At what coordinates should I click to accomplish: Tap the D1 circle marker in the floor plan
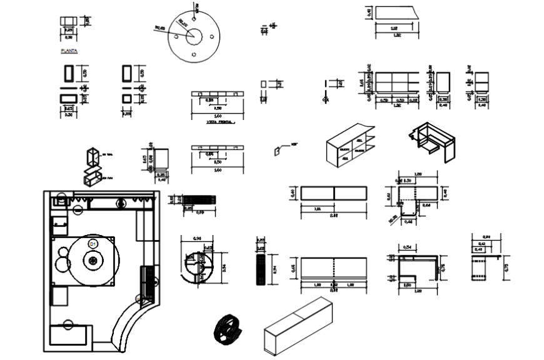coord(93,242)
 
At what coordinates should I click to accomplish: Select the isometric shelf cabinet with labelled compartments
coord(350,146)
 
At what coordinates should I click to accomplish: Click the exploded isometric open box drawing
coord(93,166)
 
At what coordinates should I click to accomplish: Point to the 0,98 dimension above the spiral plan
coord(198,238)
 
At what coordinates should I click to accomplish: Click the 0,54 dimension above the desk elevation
coord(407,247)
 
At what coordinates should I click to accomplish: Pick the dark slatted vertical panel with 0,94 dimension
coord(261,269)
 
